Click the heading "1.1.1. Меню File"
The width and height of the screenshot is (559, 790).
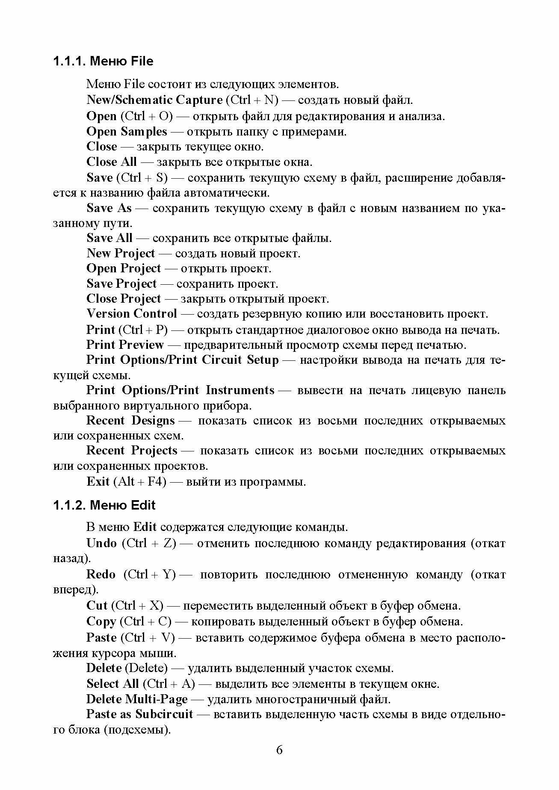pyautogui.click(x=103, y=61)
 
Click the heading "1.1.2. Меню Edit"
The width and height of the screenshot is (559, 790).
pyautogui.click(x=104, y=505)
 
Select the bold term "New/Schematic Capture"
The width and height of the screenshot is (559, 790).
pyautogui.click(x=154, y=100)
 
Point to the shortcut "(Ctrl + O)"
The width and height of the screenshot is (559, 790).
pyautogui.click(x=146, y=116)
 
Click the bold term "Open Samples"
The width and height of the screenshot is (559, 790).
pyautogui.click(x=127, y=131)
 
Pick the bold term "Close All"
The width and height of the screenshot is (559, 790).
pyautogui.click(x=112, y=162)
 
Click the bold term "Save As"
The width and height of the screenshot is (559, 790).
pyautogui.click(x=109, y=208)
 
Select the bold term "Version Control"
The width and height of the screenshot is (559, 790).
pyautogui.click(x=132, y=314)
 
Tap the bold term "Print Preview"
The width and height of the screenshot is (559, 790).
pyautogui.click(x=125, y=345)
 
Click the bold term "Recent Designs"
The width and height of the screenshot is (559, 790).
pyautogui.click(x=130, y=421)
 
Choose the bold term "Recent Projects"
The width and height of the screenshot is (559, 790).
pyautogui.click(x=132, y=451)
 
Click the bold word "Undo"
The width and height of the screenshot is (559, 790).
pyautogui.click(x=101, y=543)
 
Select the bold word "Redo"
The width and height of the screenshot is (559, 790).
pyautogui.click(x=101, y=574)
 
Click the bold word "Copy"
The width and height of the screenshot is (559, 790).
pyautogui.click(x=101, y=622)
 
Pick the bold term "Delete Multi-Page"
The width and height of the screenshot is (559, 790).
pyautogui.click(x=137, y=699)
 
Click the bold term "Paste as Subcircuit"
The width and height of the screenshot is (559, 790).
pyautogui.click(x=139, y=714)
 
